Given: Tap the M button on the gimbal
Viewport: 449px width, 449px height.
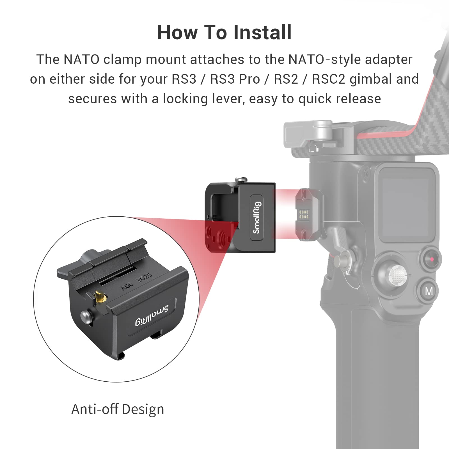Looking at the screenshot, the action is (x=429, y=291).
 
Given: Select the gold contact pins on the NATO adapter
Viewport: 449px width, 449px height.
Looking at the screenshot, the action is (x=304, y=215).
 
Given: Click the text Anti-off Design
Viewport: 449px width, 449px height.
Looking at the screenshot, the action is (x=118, y=409).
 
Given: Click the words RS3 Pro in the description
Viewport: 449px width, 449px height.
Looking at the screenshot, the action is (x=235, y=79).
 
